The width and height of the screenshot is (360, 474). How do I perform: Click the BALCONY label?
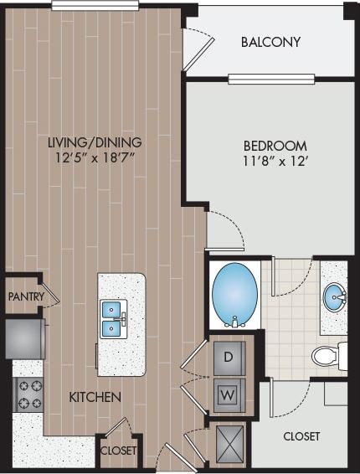(270, 42)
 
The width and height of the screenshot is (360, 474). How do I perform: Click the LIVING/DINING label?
(94, 142)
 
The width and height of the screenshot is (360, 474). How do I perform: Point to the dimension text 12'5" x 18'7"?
(94, 157)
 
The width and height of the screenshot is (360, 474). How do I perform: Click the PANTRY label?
(25, 296)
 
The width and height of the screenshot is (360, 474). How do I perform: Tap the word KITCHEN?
(95, 396)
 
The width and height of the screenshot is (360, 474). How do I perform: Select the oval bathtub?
(234, 294)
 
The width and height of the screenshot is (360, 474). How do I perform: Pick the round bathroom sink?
(334, 296)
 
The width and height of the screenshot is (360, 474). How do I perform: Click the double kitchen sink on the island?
(113, 318)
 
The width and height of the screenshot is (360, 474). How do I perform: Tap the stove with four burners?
(27, 394)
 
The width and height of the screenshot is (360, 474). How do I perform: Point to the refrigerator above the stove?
(23, 337)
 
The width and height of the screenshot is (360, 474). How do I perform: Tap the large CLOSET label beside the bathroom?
(301, 436)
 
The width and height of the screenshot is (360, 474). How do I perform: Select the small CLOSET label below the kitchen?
(117, 451)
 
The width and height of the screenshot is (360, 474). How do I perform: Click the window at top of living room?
(95, 5)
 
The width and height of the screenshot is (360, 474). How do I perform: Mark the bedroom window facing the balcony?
(271, 80)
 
